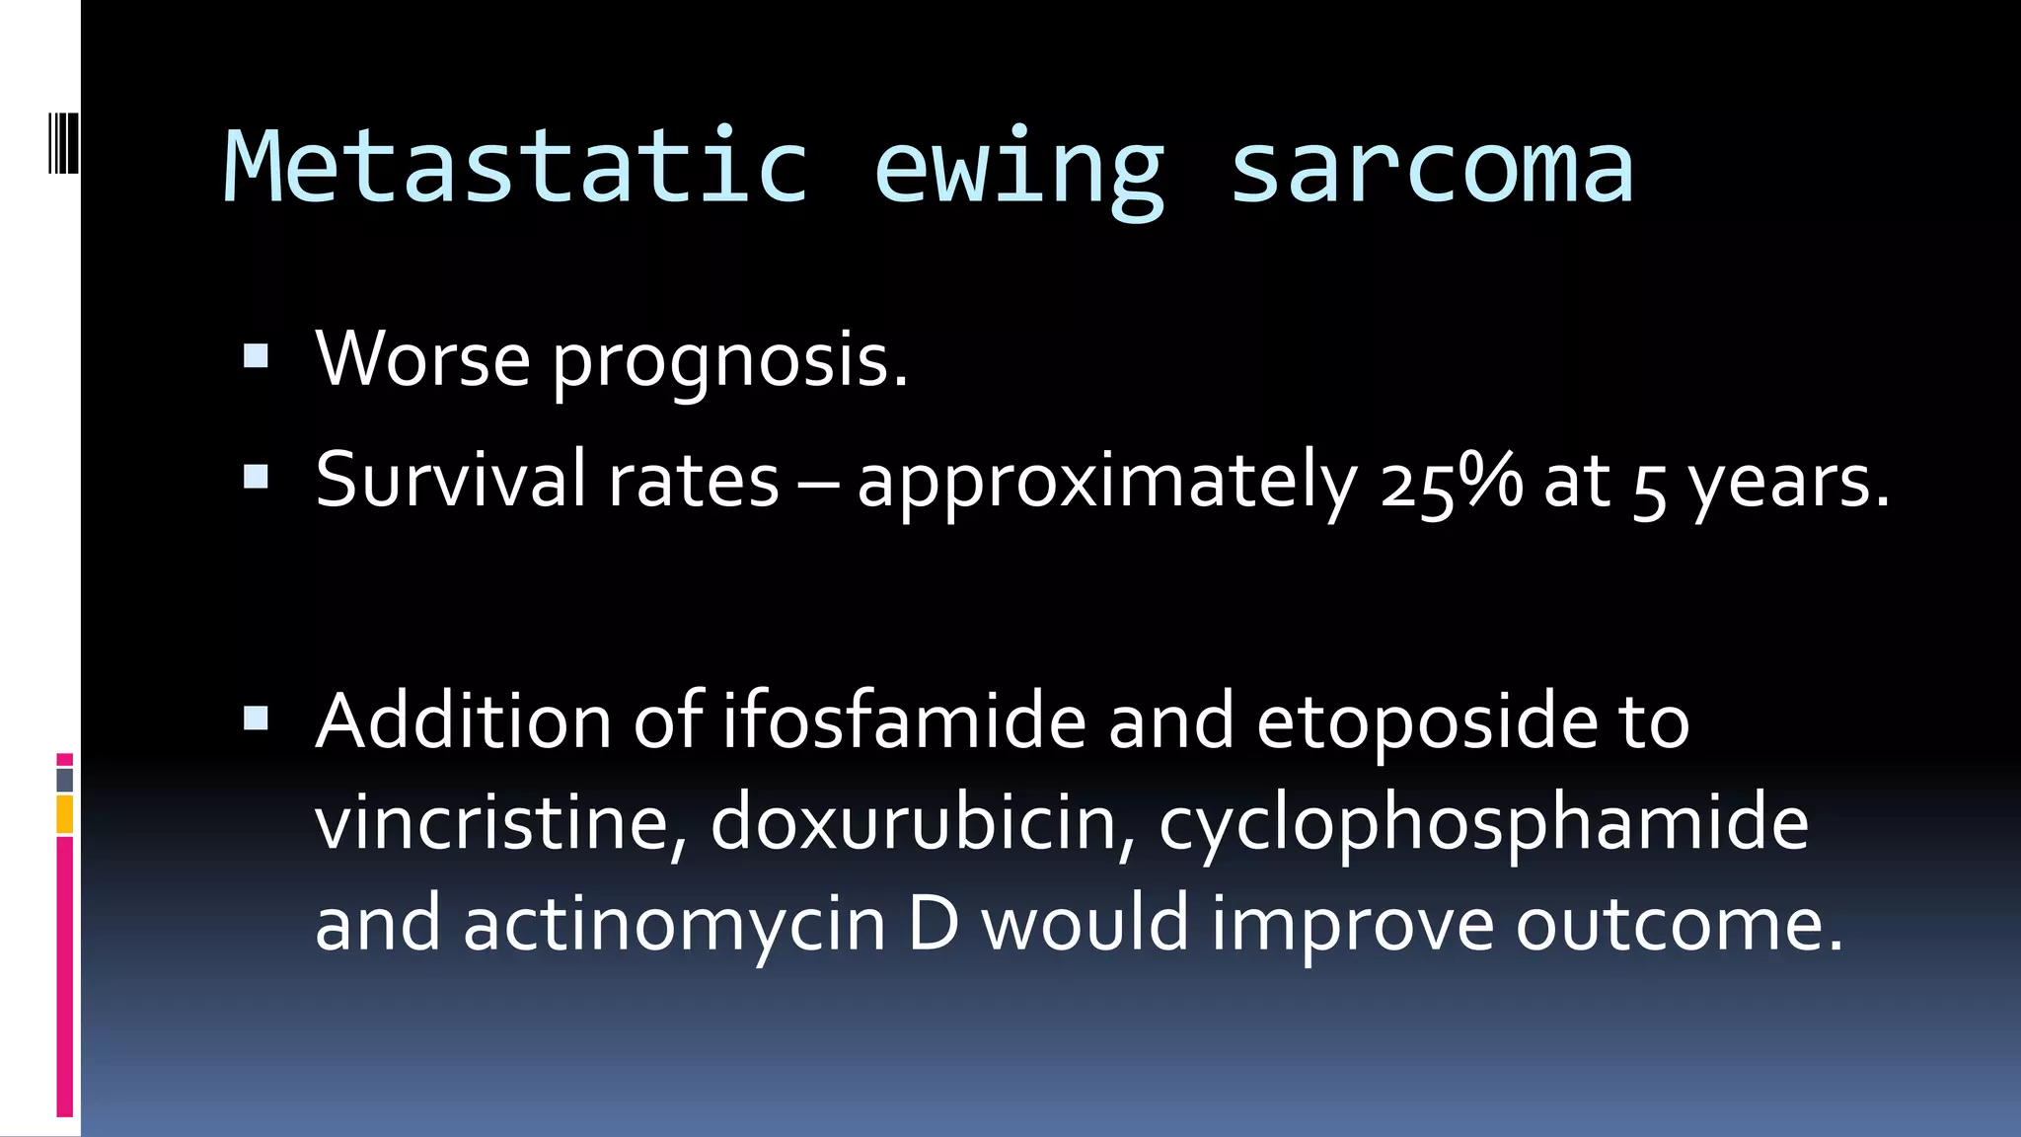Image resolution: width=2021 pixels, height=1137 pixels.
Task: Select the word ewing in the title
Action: coord(1019,170)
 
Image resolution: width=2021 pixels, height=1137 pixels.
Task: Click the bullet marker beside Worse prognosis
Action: coord(256,356)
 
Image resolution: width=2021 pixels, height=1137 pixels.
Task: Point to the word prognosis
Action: coord(729,361)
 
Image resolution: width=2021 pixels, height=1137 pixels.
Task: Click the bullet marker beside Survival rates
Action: coord(256,478)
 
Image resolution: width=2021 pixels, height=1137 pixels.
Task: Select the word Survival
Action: coord(450,480)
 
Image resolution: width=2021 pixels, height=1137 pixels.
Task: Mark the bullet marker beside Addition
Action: coord(256,718)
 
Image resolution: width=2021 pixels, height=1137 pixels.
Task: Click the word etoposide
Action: coord(1426,723)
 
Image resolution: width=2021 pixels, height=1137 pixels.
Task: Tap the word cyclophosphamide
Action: coord(1483,825)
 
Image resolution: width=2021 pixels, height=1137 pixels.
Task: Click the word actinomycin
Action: coord(675,925)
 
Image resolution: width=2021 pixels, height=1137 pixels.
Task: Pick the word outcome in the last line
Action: coord(1679,925)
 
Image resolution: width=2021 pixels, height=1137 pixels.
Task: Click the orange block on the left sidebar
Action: coord(64,815)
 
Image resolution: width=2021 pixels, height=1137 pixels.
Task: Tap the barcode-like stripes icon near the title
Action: coord(63,144)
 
